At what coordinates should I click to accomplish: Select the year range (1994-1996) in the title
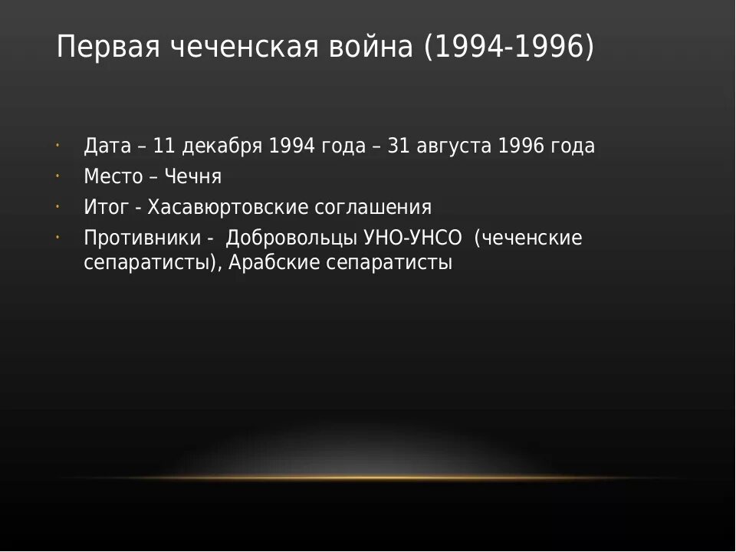pos(508,48)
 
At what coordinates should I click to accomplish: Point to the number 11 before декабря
pos(163,146)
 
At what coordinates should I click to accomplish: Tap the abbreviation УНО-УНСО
pos(412,238)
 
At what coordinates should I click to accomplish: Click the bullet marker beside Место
pos(58,176)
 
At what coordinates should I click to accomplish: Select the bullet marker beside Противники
pos(58,237)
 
